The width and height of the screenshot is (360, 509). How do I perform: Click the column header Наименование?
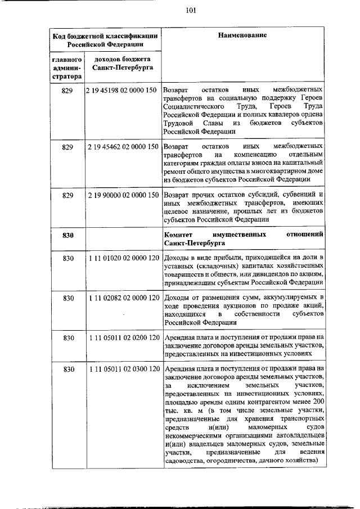pos(244,35)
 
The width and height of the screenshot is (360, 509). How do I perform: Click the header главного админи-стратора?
pos(68,67)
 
